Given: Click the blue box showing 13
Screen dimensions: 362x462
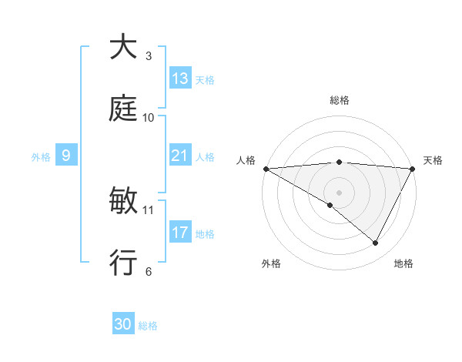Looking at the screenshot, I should [180, 78].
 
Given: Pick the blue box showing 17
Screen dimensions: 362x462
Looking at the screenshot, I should [180, 232].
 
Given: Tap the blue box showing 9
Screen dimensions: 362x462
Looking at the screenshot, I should [67, 156].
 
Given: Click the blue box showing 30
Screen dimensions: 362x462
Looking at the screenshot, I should [123, 324].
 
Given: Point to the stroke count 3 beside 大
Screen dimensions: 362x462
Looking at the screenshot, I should [148, 56].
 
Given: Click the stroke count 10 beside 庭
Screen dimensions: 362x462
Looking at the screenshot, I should [149, 118].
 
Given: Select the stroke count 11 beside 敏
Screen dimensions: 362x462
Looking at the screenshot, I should [149, 209].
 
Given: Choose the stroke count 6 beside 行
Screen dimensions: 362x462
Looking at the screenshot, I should [148, 272].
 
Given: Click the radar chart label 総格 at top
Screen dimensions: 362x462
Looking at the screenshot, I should [339, 100].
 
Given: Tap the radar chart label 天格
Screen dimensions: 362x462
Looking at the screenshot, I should [433, 160].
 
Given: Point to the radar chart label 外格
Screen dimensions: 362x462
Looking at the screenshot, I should [271, 263].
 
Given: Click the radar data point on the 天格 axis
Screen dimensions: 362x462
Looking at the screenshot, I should [413, 168].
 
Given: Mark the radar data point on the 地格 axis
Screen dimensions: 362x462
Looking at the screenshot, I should [376, 243].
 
